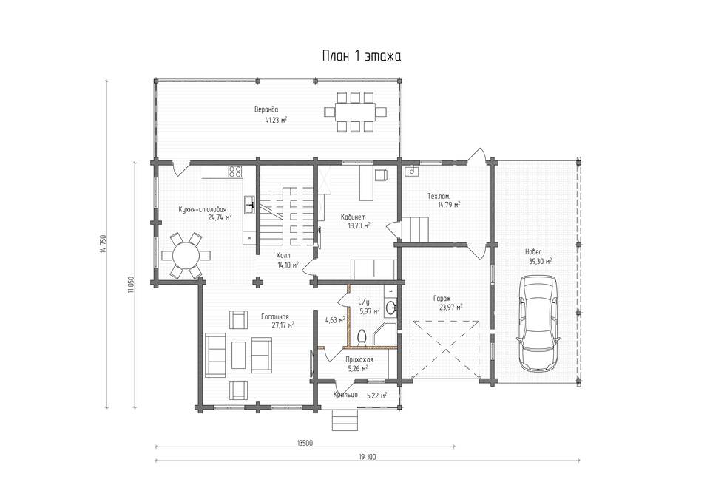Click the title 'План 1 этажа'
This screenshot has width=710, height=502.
[x=362, y=56]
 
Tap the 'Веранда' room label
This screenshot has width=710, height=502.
[x=266, y=109]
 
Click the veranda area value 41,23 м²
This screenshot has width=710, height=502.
[x=276, y=121]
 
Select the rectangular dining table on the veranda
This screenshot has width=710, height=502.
[x=356, y=112]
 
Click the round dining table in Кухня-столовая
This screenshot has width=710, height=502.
[x=186, y=255]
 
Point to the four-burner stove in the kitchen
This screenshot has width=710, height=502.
[x=234, y=171]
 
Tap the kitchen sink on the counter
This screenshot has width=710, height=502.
[x=249, y=205]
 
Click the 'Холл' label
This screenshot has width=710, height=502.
[x=283, y=255]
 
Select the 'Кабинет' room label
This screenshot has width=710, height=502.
[x=354, y=217]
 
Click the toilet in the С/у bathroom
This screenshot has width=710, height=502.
[x=362, y=337]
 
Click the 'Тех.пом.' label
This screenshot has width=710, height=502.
[x=439, y=197]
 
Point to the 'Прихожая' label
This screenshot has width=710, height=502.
[x=359, y=359]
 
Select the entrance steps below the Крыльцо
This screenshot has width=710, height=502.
[x=346, y=420]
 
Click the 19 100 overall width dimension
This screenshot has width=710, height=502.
[x=368, y=457]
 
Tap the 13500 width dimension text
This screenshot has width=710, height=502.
[x=305, y=443]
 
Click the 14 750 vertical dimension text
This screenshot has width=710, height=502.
[x=103, y=245]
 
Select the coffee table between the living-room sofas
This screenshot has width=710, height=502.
[x=238, y=355]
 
